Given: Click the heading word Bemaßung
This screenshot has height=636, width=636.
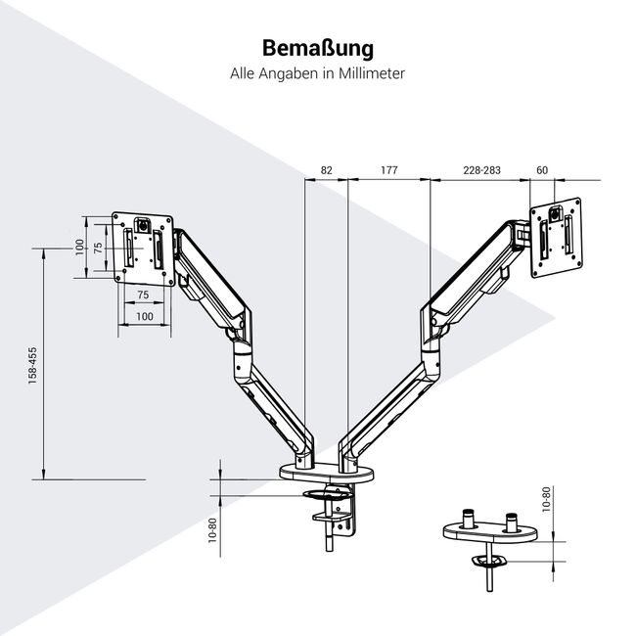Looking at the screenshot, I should click(x=317, y=48).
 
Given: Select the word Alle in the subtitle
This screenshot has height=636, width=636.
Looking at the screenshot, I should click(x=245, y=74).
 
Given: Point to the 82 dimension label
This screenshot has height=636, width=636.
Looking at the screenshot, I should click(x=327, y=170).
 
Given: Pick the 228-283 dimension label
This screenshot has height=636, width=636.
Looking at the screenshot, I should click(x=481, y=170).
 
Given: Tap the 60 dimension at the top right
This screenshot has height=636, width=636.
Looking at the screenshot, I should click(x=543, y=170).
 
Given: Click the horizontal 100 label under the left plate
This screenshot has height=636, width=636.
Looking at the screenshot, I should click(x=144, y=316).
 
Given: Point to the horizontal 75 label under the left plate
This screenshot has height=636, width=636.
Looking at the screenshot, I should click(x=143, y=295).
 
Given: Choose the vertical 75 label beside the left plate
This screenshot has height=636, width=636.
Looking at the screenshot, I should click(x=98, y=249).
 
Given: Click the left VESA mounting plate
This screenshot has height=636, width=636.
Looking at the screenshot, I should click(x=143, y=249).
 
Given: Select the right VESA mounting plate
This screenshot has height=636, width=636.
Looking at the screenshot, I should click(x=558, y=235).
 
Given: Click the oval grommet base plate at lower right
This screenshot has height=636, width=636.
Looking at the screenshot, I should click(x=486, y=529).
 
